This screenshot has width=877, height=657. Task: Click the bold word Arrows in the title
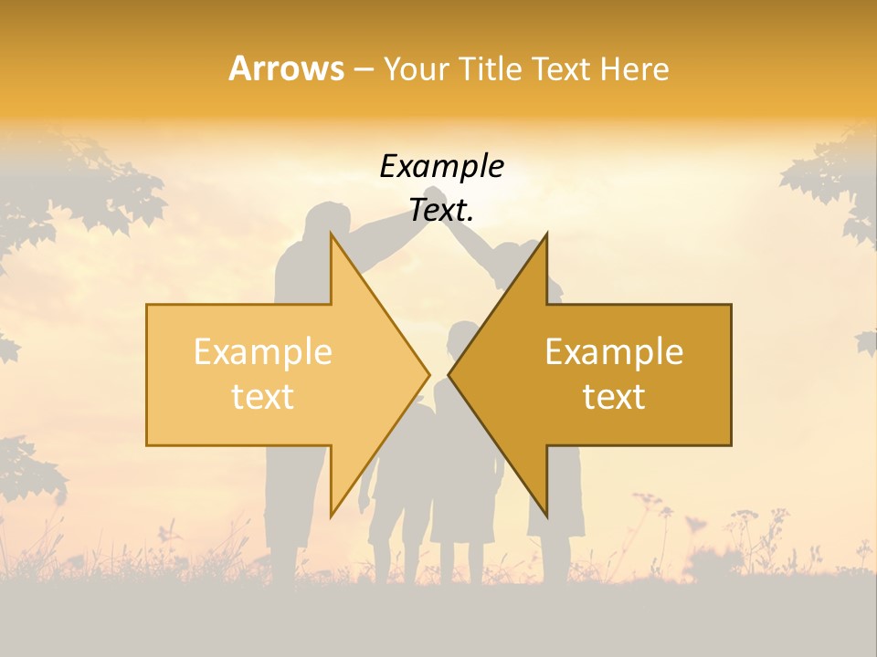tap(286, 68)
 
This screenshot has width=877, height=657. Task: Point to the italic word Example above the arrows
tap(441, 167)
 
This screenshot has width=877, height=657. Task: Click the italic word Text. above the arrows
tap(441, 210)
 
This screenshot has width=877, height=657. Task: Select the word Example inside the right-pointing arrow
tap(263, 352)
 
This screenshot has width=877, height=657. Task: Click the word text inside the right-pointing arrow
tap(263, 396)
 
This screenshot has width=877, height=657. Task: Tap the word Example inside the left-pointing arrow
tap(614, 352)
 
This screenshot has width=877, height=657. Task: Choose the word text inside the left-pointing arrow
tap(614, 396)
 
